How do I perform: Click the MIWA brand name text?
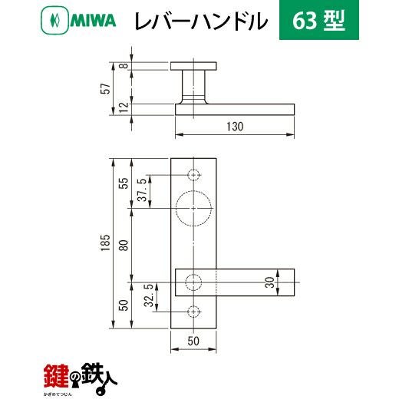coord(93,21)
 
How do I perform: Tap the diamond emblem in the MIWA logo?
coord(54,21)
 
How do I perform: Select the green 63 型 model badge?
coord(319,20)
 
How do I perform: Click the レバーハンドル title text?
coord(201,21)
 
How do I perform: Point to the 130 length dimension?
coord(235,127)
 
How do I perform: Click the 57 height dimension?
coord(106,88)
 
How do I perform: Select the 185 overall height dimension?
coord(105,242)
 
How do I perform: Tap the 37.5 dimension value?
coord(143,190)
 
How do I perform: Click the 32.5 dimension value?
coord(149,295)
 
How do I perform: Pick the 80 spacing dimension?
coord(124,246)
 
